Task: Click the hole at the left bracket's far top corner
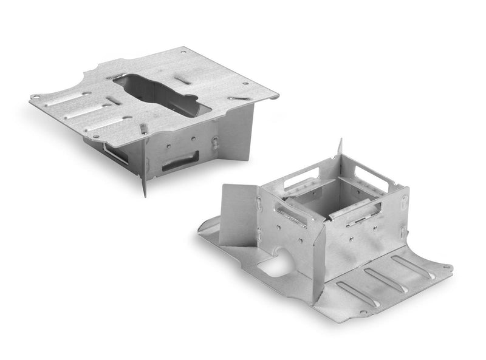click(x=183, y=53)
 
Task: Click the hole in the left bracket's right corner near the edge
click(x=245, y=84)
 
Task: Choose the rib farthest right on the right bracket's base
click(x=413, y=267)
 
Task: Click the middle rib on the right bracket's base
click(x=386, y=279)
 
